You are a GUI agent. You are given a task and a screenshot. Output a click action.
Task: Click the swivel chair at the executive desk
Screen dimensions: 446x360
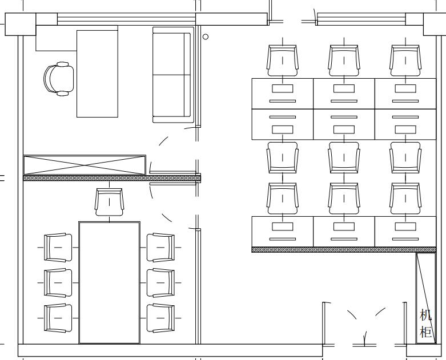(59, 79)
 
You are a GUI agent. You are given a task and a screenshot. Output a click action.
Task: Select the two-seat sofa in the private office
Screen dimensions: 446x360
(173, 75)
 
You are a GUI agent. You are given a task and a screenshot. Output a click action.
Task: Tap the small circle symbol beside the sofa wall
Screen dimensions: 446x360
(206, 37)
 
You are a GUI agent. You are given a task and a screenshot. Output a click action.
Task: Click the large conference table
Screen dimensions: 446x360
(109, 283)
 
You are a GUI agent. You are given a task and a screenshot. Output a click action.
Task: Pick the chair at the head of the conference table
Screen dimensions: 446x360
(110, 202)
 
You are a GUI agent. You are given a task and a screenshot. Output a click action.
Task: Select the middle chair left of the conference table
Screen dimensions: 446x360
(58, 283)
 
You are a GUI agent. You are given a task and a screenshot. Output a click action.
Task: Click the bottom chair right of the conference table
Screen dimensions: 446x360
(160, 318)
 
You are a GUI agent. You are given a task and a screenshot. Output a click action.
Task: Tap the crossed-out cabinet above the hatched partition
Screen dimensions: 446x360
(85, 165)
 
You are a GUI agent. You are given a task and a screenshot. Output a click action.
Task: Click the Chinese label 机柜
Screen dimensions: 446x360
(426, 323)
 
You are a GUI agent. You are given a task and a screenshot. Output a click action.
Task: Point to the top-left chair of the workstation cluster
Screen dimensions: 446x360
(283, 60)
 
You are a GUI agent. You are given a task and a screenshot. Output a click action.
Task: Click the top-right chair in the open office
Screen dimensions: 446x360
(405, 60)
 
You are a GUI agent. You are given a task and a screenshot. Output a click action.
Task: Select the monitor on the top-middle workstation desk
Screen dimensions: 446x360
(344, 88)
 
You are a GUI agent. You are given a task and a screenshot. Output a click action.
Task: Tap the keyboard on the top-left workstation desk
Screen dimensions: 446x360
(283, 101)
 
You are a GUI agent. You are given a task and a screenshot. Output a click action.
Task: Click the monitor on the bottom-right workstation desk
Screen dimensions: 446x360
(405, 226)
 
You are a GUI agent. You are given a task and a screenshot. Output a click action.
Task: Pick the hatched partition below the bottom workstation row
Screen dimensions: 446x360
(344, 250)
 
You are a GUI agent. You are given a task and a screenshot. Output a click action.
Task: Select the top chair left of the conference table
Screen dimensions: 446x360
(58, 248)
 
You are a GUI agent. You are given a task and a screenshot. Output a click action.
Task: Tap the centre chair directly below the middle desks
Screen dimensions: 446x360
(344, 157)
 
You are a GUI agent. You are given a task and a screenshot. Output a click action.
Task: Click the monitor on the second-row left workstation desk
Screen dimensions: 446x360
(283, 130)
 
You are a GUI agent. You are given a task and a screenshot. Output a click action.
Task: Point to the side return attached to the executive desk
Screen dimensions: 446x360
(57, 38)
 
